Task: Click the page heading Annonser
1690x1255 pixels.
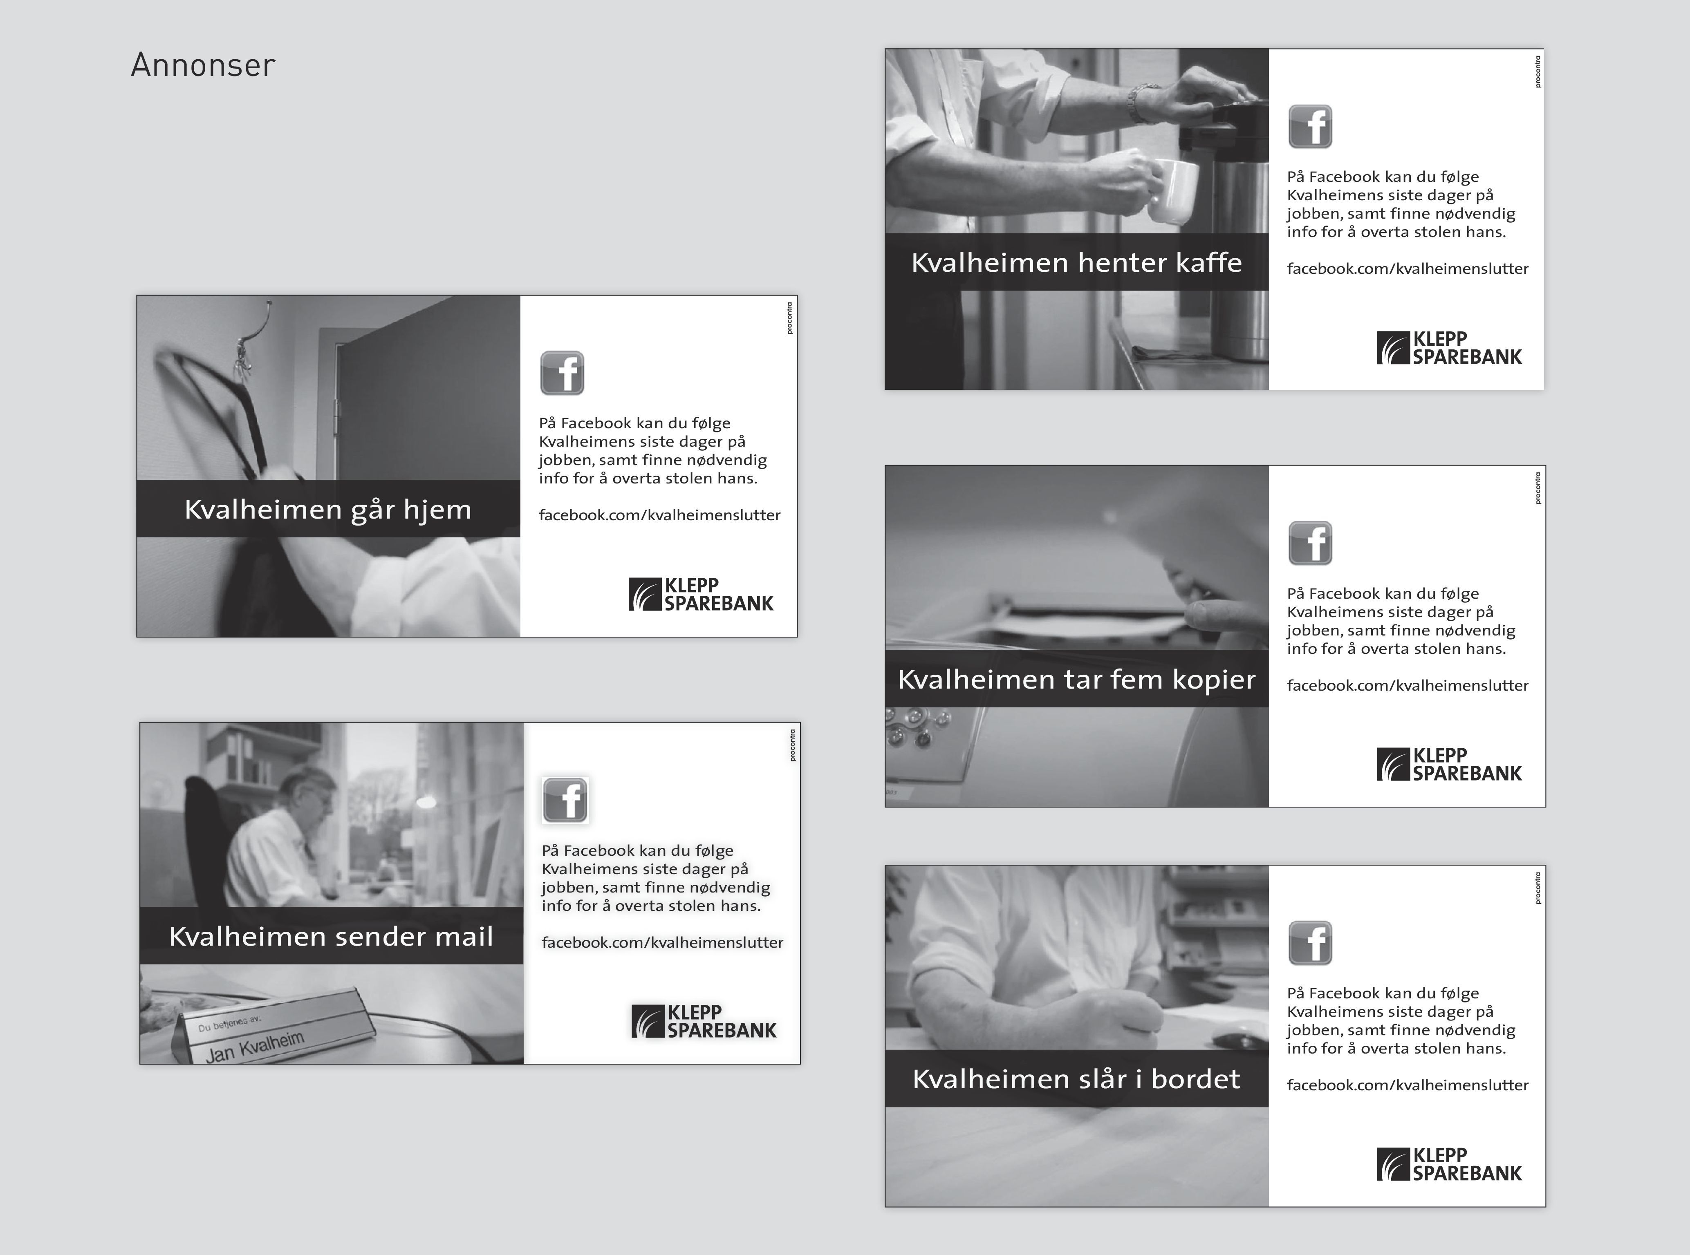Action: coord(203,65)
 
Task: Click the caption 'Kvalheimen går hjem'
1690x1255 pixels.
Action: coord(327,510)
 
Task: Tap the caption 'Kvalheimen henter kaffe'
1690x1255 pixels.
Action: coord(1076,262)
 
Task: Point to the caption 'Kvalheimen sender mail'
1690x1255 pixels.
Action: coord(331,936)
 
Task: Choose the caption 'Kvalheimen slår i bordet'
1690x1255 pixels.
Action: coord(1076,1079)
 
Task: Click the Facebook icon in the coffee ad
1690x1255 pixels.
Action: coord(1310,126)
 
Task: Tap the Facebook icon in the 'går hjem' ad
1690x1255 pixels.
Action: coord(562,373)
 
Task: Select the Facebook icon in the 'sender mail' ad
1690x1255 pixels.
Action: coord(565,800)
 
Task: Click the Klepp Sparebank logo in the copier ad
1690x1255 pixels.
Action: coord(1449,765)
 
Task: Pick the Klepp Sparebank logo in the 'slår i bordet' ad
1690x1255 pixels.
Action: coord(1449,1165)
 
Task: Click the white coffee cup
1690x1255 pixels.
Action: coord(1170,191)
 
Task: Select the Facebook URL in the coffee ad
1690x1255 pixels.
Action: coord(1408,269)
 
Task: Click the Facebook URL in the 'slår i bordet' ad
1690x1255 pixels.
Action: coord(1408,1085)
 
